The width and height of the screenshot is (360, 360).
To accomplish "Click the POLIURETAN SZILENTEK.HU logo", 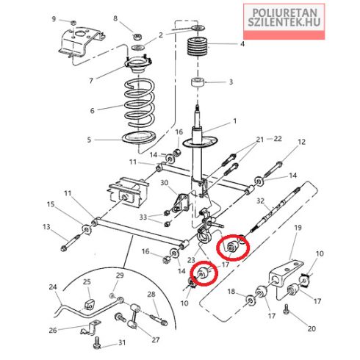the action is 284,21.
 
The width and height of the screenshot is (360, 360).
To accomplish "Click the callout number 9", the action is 54,19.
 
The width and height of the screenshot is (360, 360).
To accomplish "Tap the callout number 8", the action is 115,18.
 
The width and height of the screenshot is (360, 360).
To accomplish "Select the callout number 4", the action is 242,44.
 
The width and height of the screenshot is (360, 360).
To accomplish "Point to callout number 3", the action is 231,82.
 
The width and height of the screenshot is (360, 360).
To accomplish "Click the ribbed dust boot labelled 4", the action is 198,46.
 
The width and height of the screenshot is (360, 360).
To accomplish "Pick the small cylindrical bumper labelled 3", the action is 198,82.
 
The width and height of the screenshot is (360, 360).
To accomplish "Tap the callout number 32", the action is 260,201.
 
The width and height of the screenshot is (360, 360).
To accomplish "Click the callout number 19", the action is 298,228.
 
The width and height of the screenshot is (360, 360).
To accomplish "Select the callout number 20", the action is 312,328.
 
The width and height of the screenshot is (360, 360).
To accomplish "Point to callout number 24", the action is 53,287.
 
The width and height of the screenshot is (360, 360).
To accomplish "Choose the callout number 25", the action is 87,281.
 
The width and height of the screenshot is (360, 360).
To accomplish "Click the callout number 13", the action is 46,227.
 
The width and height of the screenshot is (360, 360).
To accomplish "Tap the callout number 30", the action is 165,183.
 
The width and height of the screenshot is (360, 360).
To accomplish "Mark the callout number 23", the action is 191,260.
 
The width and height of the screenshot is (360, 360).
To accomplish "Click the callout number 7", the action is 91,81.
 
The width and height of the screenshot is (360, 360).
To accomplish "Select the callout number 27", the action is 156,339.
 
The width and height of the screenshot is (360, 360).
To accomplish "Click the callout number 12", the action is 302,142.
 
